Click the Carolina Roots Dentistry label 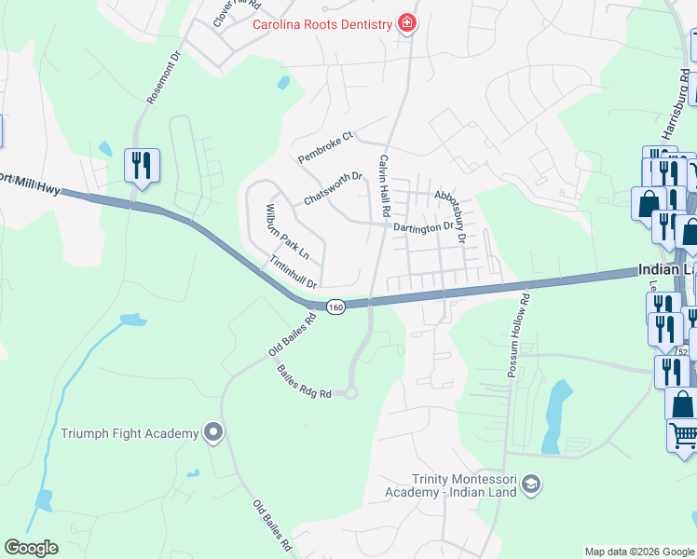click(322, 24)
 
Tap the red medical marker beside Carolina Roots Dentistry click(406, 23)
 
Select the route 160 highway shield click(336, 307)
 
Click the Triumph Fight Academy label click(130, 433)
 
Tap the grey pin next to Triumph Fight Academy click(213, 432)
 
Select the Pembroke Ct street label click(326, 147)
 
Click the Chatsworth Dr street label click(333, 188)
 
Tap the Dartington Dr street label click(422, 225)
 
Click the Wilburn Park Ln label click(287, 230)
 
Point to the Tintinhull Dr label click(294, 272)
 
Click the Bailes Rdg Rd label click(304, 382)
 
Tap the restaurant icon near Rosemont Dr click(142, 166)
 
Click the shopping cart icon click(683, 436)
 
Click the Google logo click(31, 548)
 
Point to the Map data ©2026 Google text click(638, 552)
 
